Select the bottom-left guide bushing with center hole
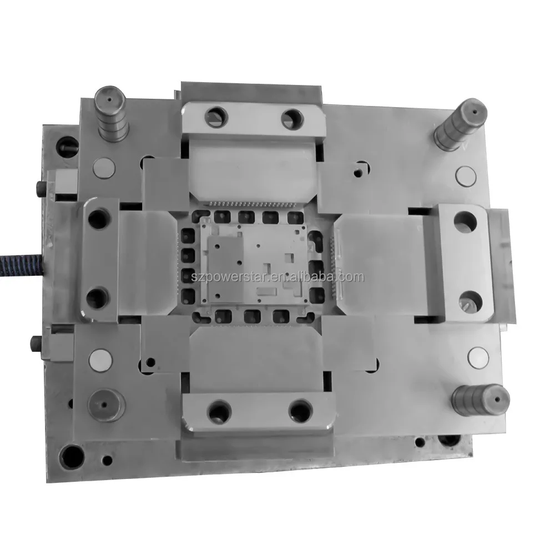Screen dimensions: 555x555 point(107,406)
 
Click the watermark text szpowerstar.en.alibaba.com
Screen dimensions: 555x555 point(277,276)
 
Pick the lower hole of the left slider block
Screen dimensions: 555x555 point(97,296)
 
